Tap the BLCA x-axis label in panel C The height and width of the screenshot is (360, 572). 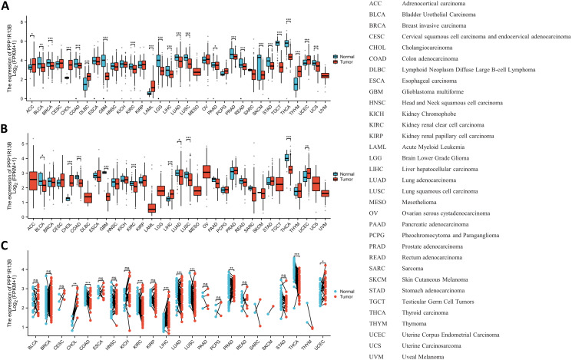click(31, 337)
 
